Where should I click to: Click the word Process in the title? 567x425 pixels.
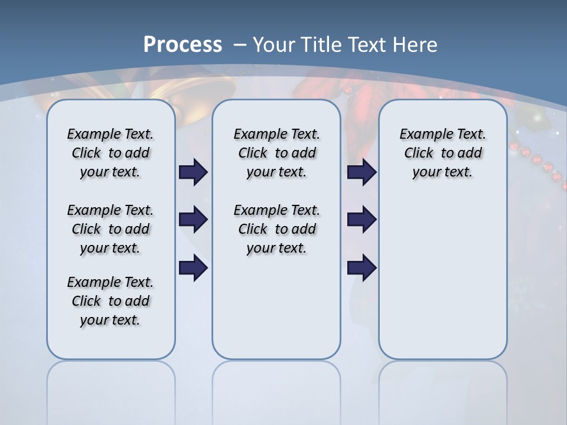[183, 45]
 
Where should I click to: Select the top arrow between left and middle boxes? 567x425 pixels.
[193, 172]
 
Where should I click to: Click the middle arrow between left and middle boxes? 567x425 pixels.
[193, 220]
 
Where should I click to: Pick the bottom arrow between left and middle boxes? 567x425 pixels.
[193, 267]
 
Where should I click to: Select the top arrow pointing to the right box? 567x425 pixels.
[361, 172]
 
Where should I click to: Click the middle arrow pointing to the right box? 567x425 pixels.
[361, 220]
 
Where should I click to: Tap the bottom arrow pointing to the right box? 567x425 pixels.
[361, 267]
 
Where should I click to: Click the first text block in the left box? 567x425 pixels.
[110, 153]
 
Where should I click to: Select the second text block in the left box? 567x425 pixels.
[110, 229]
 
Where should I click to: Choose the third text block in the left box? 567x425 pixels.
[110, 301]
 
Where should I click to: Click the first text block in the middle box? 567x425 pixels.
[276, 153]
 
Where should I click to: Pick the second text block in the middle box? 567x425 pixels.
[276, 229]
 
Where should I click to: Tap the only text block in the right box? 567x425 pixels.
[442, 153]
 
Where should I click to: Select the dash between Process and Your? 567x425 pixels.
[240, 45]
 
